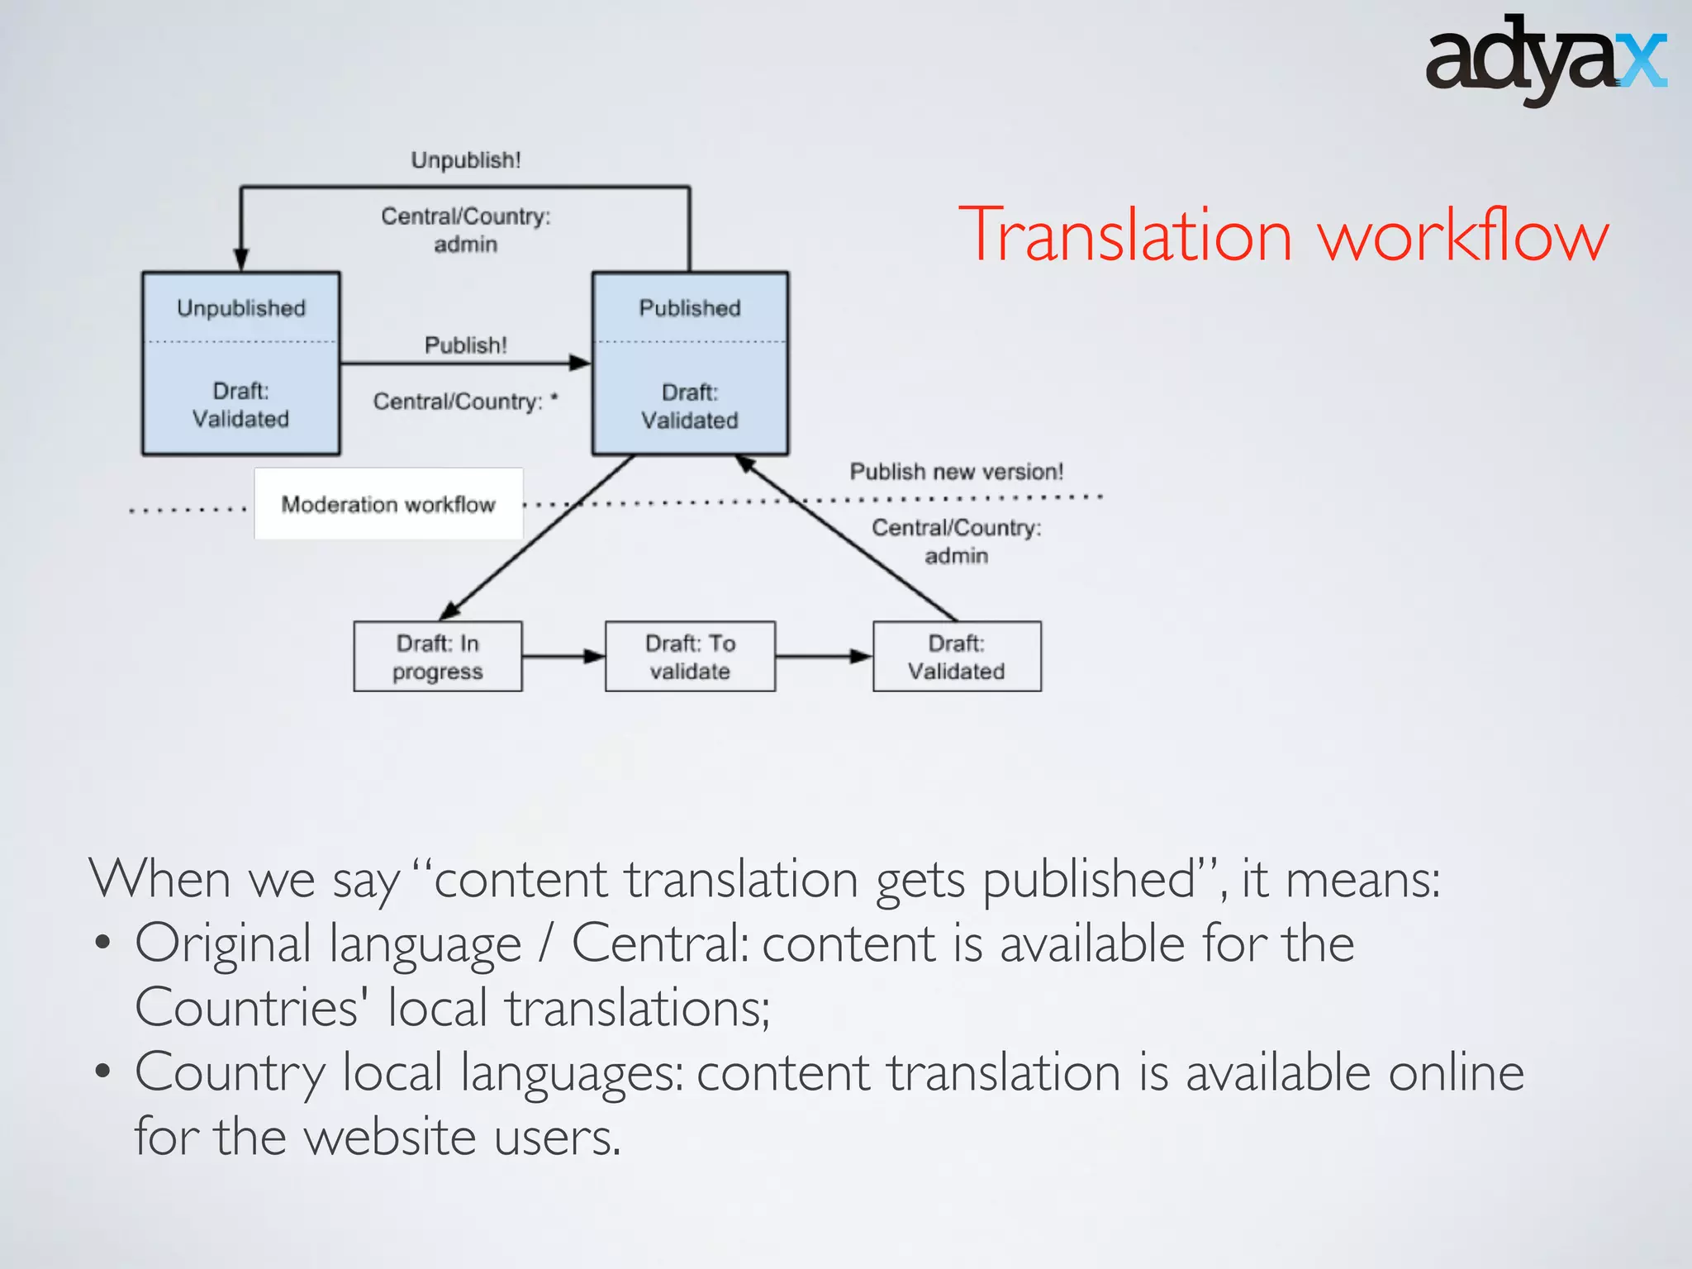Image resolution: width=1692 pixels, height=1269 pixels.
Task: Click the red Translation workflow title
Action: pos(1283,236)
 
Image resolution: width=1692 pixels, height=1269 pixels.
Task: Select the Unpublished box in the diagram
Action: pos(241,364)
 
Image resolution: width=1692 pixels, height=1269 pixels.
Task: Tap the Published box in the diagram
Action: pos(690,364)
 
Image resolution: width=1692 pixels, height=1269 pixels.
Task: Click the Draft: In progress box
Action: pos(438,657)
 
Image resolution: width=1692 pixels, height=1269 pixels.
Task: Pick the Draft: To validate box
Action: pos(690,657)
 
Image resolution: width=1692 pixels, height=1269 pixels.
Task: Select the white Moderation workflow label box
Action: pos(388,504)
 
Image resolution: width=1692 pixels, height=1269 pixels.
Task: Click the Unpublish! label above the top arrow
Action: pos(466,160)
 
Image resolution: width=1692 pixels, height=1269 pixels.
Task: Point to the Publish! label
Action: pos(466,345)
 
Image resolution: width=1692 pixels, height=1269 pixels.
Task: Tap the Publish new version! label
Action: pos(957,472)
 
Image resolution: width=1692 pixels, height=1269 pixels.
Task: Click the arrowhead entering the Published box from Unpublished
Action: pos(581,363)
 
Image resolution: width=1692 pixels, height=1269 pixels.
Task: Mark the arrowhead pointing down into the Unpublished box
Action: pos(241,259)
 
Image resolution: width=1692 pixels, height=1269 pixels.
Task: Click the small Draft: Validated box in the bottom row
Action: pos(957,657)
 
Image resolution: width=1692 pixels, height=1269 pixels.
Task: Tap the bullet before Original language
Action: pos(102,943)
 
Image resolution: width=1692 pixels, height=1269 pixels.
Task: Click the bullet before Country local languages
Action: pos(102,1072)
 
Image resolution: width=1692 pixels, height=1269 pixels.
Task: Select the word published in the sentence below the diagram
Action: pos(1089,879)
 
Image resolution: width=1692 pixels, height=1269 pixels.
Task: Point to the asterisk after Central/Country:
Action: pos(554,397)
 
